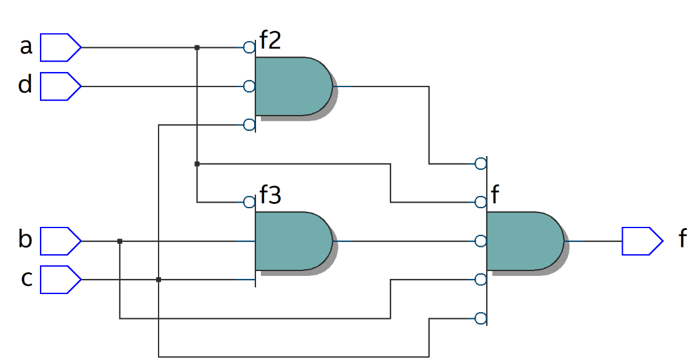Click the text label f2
pos(271,41)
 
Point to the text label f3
pos(271,196)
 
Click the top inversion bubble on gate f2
pos(249,47)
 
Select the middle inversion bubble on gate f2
pos(249,86)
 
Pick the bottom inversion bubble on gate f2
pos(249,125)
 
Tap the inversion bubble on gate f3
pos(249,202)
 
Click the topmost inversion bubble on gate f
pos(481,163)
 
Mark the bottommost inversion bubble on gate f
pos(481,318)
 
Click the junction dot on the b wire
pos(120,241)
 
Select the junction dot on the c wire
pos(159,280)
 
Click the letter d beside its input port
pos(25,85)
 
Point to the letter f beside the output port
pos(682,239)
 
